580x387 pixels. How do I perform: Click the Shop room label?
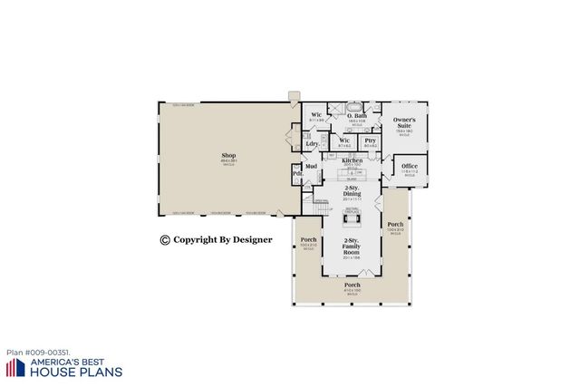(x=228, y=156)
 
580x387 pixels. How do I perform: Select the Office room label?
(x=410, y=166)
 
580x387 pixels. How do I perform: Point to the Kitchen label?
(x=353, y=160)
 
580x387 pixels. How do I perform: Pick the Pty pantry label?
(x=370, y=140)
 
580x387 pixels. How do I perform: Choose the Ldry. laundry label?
(x=312, y=144)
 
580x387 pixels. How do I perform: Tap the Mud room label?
(x=311, y=167)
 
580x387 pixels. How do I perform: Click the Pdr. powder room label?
(x=297, y=173)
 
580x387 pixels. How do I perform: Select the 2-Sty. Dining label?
(x=352, y=193)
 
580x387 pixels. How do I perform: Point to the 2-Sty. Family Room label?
(x=352, y=246)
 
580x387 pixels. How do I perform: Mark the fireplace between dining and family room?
(x=353, y=212)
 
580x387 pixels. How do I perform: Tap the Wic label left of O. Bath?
(x=316, y=115)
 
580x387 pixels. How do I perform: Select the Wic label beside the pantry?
(x=344, y=140)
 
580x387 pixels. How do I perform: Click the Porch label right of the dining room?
(x=395, y=224)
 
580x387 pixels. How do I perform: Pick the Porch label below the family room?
(x=352, y=286)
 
